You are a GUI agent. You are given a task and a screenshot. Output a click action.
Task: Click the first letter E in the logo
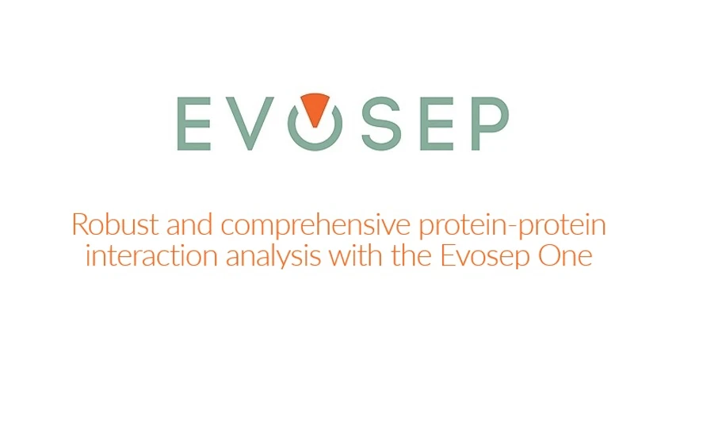point(192,124)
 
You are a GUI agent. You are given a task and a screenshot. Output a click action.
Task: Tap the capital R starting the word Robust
point(78,225)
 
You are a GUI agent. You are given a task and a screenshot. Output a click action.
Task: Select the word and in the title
point(190,225)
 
